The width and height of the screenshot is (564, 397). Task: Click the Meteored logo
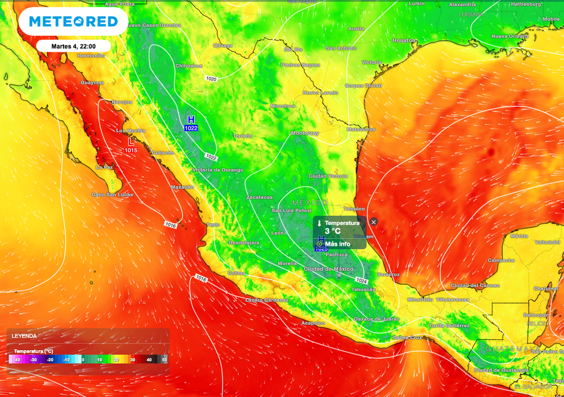tap(73, 22)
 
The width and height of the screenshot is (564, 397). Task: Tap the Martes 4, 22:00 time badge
tap(74, 46)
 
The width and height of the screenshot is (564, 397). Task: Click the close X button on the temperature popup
tap(373, 222)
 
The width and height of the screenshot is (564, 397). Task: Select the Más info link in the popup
tap(337, 244)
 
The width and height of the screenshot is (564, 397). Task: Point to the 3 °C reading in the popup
tap(332, 231)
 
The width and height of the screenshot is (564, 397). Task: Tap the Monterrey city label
tap(305, 133)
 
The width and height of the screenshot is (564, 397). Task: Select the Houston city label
tap(404, 41)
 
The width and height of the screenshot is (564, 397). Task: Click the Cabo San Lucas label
tap(112, 194)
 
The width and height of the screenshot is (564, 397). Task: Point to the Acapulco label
tap(313, 323)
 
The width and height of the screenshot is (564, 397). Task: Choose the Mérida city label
tap(519, 236)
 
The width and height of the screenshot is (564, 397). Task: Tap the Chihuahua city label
tap(188, 66)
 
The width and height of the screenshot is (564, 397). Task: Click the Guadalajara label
tap(243, 243)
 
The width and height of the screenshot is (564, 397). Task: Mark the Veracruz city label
tap(388, 274)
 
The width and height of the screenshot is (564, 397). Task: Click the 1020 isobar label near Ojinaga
tap(211, 79)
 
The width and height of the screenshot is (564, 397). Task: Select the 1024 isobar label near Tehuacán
tap(361, 280)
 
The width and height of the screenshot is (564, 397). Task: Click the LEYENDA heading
tap(24, 336)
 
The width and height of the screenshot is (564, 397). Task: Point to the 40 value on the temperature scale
tap(149, 360)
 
